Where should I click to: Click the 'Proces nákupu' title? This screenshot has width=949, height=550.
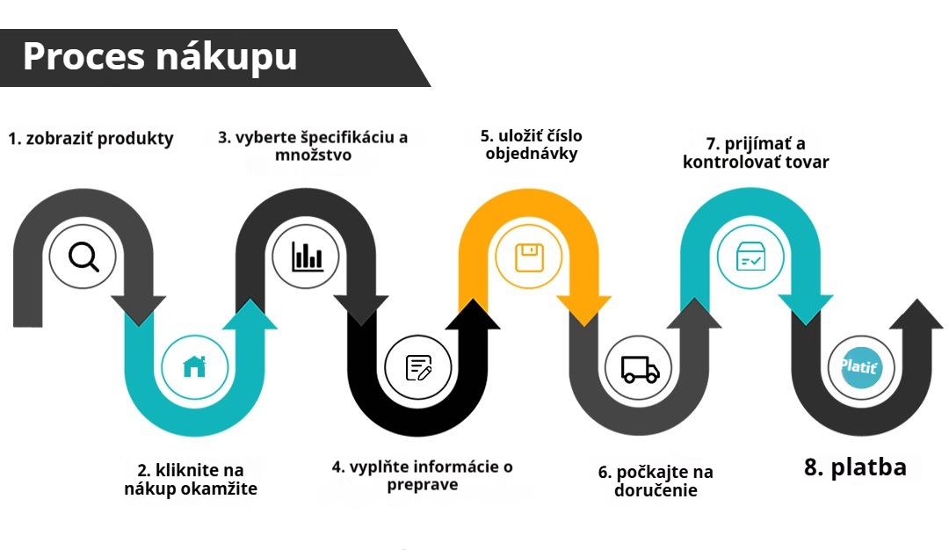(160, 57)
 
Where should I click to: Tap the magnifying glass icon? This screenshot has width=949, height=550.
(83, 257)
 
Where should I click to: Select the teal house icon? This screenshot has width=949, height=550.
(194, 366)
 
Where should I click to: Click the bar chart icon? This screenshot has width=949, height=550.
(307, 256)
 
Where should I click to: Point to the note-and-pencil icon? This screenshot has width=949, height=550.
(418, 367)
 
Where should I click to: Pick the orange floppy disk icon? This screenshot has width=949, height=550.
(529, 257)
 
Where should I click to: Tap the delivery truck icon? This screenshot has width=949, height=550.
(640, 369)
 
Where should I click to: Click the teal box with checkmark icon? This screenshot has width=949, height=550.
(750, 257)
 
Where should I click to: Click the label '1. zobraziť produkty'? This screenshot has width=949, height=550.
(91, 139)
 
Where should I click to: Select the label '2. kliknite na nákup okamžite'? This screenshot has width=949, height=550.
(191, 479)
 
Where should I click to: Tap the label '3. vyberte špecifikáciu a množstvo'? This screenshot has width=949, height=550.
(313, 146)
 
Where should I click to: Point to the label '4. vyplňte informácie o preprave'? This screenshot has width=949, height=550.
(423, 475)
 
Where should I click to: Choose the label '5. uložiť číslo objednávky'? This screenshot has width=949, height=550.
(532, 145)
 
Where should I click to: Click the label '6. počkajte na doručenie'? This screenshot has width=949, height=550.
(656, 481)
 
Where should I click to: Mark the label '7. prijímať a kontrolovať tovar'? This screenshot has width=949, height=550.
(756, 153)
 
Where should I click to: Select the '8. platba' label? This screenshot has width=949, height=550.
(855, 467)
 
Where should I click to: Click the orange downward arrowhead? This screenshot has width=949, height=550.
(584, 311)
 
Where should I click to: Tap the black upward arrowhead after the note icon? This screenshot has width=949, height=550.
(473, 314)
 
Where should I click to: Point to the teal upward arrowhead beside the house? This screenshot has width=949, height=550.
(250, 314)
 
